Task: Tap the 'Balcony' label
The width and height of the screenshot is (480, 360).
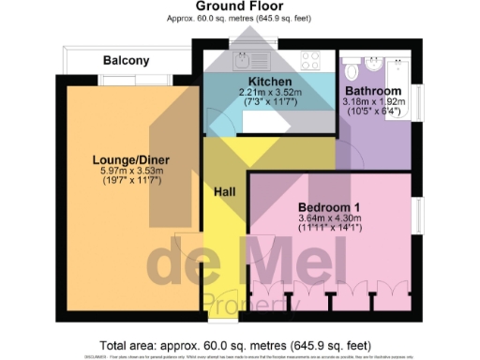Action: pyautogui.click(x=126, y=60)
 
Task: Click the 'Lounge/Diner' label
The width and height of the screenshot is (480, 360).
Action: pyautogui.click(x=131, y=158)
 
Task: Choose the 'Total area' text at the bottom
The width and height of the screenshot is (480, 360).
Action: pyautogui.click(x=240, y=344)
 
